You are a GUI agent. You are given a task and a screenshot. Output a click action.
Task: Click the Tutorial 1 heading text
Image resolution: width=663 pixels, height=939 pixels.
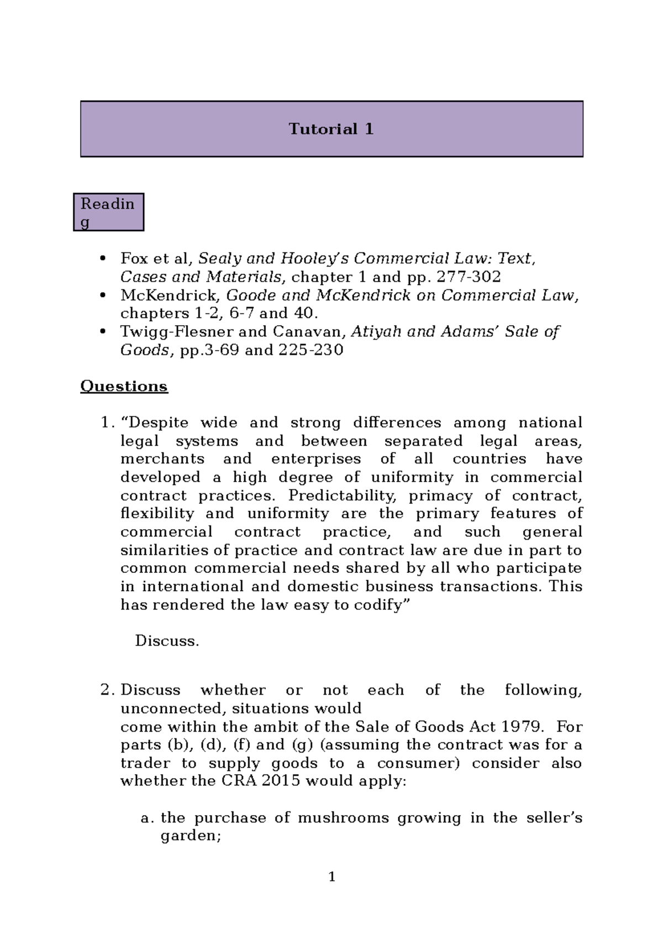tap(331, 129)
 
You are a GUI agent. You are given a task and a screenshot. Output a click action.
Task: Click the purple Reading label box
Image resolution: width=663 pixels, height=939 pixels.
tap(108, 212)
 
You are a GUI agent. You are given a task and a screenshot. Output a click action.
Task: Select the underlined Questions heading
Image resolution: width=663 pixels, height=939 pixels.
tap(124, 386)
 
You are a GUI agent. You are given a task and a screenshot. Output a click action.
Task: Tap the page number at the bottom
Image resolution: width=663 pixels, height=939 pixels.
tap(331, 877)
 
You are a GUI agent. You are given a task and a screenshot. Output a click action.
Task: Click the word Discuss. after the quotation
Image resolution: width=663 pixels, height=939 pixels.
tap(167, 641)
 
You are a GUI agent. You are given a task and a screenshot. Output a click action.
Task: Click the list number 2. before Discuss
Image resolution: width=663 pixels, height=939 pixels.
tap(108, 690)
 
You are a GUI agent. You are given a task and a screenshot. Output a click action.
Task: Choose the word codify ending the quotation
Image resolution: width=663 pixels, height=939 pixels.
tap(379, 605)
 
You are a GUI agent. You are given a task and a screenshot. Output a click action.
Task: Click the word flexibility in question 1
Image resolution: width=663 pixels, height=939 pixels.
tap(157, 514)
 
